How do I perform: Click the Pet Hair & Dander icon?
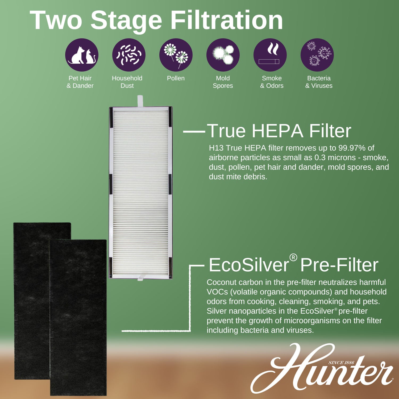(x=82, y=55)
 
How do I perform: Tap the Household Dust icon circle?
(x=129, y=55)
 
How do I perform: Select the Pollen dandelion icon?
(x=176, y=55)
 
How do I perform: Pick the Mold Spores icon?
(x=223, y=55)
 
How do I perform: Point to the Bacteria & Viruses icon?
(x=317, y=55)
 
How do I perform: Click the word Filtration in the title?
(x=227, y=20)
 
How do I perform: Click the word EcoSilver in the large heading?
(x=249, y=265)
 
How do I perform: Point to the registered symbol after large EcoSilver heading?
(x=293, y=257)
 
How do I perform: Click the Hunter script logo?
(x=322, y=368)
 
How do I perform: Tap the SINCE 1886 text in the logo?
(x=341, y=363)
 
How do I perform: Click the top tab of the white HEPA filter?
(x=140, y=101)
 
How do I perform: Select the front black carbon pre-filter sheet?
(x=78, y=317)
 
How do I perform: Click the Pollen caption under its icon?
(x=176, y=78)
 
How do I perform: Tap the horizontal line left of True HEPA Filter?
(x=194, y=131)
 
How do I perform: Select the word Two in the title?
(x=56, y=20)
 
